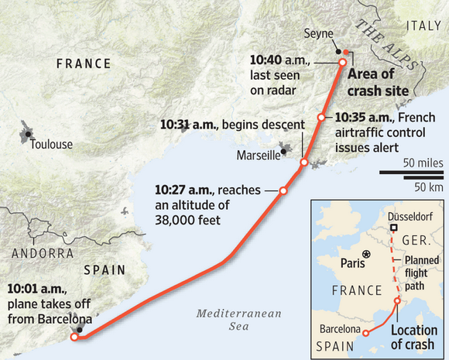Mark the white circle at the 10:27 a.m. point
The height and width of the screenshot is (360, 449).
pos(283,190)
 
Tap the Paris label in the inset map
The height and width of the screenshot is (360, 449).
pos(352,262)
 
